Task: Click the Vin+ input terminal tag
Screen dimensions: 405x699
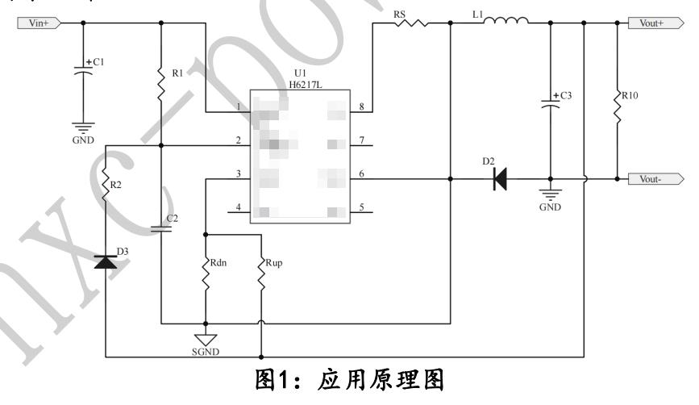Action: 37,23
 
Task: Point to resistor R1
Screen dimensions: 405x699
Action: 161,81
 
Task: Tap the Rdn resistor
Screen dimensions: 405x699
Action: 206,275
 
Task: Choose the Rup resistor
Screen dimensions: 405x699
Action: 261,275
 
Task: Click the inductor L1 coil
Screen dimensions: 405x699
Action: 506,23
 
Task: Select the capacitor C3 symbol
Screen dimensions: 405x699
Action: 550,106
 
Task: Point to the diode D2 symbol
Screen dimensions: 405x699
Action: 500,179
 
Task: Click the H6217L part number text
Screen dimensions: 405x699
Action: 298,81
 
